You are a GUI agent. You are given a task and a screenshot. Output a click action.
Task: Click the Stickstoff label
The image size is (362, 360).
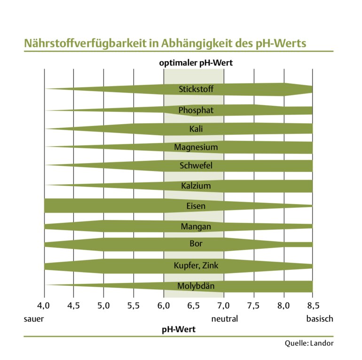pos(196,89)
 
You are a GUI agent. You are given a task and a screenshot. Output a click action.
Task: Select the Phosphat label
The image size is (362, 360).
pos(196,110)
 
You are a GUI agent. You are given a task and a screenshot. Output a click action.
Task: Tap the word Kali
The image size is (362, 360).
pos(196,129)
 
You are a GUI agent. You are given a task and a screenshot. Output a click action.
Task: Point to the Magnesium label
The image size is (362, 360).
pos(196,148)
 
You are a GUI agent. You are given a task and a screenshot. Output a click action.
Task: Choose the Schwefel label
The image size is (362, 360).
pos(196,166)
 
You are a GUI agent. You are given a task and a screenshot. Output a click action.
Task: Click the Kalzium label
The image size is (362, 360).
pos(196,186)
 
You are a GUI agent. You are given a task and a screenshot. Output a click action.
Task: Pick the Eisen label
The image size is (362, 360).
pos(196,206)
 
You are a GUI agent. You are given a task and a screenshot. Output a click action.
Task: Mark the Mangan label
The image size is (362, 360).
pos(196,227)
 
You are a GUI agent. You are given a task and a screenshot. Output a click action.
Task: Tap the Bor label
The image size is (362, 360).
pos(196,244)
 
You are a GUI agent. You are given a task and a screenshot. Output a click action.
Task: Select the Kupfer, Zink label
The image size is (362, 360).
pos(196,266)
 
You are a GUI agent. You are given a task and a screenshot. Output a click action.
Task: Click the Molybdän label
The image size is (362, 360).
pos(196,286)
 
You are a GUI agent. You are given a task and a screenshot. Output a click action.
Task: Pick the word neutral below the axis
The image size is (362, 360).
pos(225,319)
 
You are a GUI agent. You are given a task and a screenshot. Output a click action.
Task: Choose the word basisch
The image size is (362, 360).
pos(320,319)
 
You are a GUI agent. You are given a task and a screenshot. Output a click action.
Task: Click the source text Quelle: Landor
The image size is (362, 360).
pos(309,343)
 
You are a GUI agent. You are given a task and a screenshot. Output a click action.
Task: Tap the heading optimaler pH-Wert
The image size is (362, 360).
pos(196,63)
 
